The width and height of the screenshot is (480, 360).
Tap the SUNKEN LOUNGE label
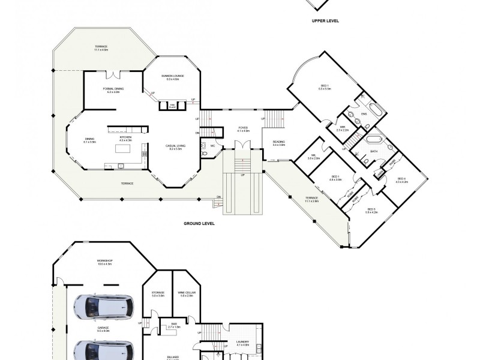pyautogui.click(x=172, y=76)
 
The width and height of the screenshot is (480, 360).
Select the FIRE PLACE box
pyautogui.click(x=172, y=106)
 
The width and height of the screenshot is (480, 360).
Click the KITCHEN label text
pyautogui.click(x=125, y=137)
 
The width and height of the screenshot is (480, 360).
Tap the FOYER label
pyautogui.click(x=243, y=128)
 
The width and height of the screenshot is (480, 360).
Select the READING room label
pyautogui.click(x=278, y=142)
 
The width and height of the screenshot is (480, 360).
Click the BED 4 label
pyautogui.click(x=401, y=178)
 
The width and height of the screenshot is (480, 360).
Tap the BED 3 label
pyautogui.click(x=371, y=209)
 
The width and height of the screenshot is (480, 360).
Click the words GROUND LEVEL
pyautogui.click(x=199, y=223)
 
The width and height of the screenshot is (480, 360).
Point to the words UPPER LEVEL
pyautogui.click(x=325, y=20)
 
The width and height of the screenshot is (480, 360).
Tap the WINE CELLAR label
pyautogui.click(x=187, y=293)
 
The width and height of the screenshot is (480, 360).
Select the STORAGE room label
pyautogui.click(x=158, y=293)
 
